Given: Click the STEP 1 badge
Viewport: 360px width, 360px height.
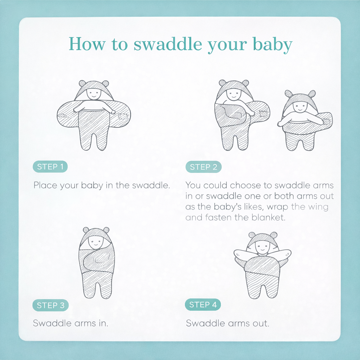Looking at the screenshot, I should (50, 167).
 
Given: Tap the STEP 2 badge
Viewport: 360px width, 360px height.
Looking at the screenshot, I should (204, 167).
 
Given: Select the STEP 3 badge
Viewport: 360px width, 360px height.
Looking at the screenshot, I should (51, 306).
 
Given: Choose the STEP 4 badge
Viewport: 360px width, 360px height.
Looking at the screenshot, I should (203, 305).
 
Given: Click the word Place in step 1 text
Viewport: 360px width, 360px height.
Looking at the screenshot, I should (45, 185).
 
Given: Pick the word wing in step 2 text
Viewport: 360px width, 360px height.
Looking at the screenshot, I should (318, 207).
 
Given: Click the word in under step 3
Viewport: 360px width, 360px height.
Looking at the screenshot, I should (102, 323).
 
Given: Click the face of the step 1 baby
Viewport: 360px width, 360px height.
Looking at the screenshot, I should (94, 94).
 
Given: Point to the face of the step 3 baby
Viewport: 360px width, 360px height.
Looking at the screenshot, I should (95, 242).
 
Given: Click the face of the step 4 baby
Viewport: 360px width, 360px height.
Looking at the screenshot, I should (262, 247).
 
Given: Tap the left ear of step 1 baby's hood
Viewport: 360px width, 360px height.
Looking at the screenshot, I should (82, 84).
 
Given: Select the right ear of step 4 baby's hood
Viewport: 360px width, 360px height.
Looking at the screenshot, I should (273, 235).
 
